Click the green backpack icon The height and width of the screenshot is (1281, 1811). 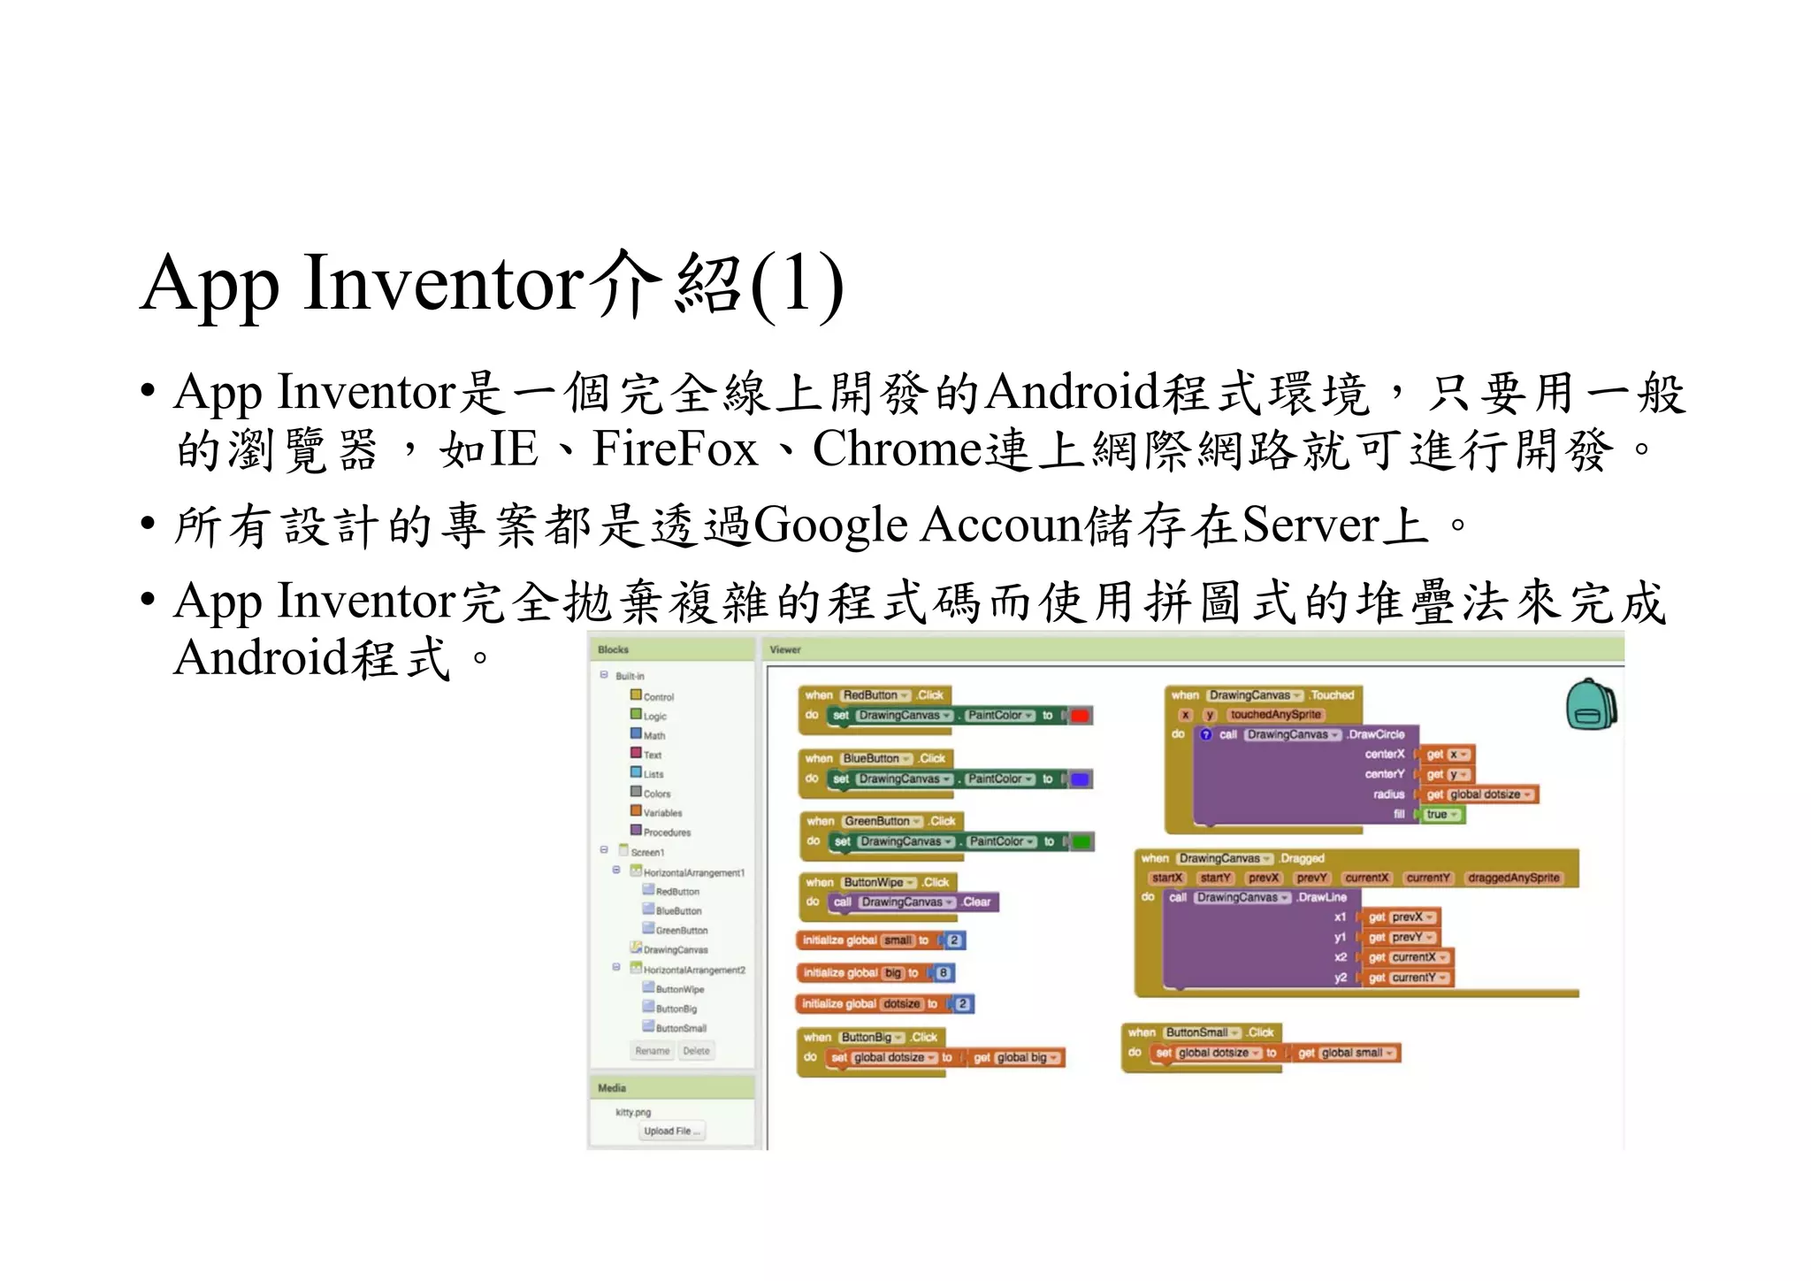click(1591, 705)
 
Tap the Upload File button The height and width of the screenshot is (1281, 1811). click(671, 1131)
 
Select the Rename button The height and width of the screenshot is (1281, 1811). click(652, 1050)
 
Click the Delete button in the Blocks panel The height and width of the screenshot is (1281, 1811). click(696, 1050)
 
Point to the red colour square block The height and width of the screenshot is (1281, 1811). click(1080, 716)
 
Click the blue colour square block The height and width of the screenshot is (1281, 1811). click(1080, 779)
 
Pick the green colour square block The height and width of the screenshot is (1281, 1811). click(1081, 841)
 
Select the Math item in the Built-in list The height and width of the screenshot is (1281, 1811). click(653, 735)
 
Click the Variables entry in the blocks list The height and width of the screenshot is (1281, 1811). click(661, 812)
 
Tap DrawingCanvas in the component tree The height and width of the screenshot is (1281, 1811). click(675, 949)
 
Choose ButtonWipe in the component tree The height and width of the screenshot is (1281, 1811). click(679, 989)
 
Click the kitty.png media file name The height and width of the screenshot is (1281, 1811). click(633, 1112)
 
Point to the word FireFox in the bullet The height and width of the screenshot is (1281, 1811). click(675, 449)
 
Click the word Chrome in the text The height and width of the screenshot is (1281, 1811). click(897, 449)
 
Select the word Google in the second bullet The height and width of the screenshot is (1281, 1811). click(830, 525)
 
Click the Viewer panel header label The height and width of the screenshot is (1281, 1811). click(785, 649)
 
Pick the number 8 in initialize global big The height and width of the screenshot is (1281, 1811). click(944, 973)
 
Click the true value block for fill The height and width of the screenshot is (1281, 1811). click(1440, 815)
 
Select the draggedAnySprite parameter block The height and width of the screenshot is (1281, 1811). click(1513, 878)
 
